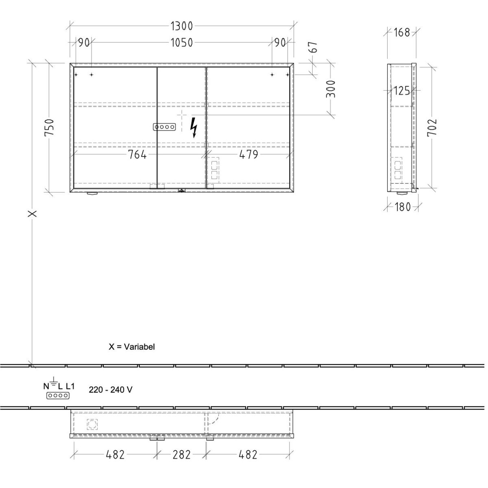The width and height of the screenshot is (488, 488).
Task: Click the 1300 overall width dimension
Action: [181, 26]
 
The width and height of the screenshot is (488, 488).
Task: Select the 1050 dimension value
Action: [181, 43]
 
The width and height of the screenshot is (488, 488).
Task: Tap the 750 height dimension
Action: [49, 127]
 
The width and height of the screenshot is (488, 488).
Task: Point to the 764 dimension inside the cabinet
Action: [137, 155]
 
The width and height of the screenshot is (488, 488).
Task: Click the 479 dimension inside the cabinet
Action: [249, 155]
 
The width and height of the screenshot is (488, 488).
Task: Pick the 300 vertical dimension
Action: [331, 89]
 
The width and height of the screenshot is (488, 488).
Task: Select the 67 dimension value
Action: [313, 47]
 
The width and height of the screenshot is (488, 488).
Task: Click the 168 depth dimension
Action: [402, 33]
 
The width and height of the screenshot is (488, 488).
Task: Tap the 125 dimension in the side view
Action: [402, 91]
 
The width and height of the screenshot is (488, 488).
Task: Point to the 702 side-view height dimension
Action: [432, 128]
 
